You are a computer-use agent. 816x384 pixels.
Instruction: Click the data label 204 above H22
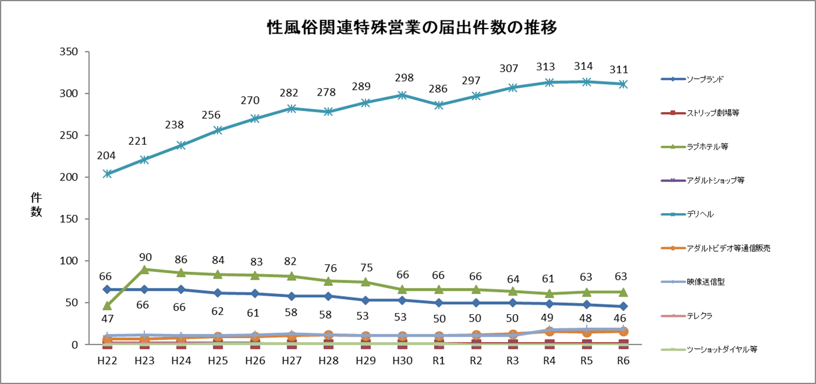[x=107, y=156]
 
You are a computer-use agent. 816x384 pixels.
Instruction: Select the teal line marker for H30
[x=403, y=95]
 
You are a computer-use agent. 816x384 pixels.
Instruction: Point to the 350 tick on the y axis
[x=70, y=52]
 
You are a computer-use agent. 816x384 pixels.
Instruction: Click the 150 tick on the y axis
[x=70, y=219]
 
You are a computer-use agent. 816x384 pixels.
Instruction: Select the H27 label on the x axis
[x=292, y=360]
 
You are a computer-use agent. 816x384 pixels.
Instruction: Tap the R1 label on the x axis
[x=440, y=360]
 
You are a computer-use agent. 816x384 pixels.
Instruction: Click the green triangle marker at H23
[x=144, y=270]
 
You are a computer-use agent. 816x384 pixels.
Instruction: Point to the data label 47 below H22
[x=107, y=319]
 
